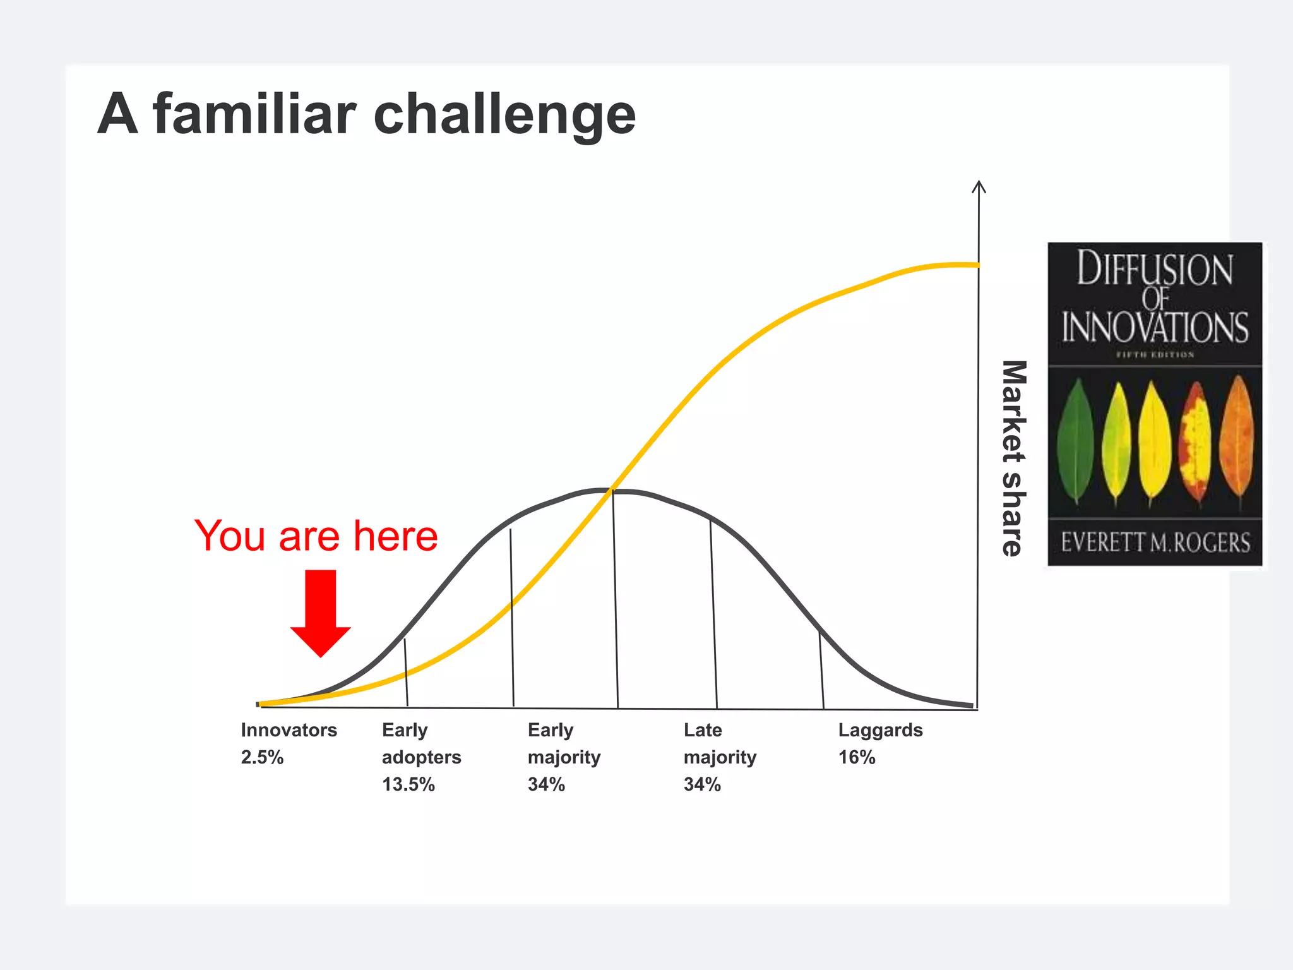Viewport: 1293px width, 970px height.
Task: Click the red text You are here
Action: tap(316, 536)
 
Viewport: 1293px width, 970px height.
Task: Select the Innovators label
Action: tap(289, 730)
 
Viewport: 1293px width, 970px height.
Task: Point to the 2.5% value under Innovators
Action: tap(262, 757)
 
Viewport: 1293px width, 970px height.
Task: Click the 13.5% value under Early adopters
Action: tap(408, 784)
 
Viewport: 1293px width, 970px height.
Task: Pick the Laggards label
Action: tap(880, 730)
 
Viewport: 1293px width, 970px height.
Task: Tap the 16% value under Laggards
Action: tap(856, 757)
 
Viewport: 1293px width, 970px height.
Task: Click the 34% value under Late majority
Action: tap(702, 784)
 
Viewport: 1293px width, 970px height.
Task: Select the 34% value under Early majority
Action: tap(546, 784)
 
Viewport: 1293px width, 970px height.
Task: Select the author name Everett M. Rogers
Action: tap(1155, 542)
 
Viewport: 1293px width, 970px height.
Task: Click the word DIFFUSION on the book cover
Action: tap(1155, 269)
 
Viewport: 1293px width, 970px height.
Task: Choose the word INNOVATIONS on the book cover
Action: tap(1155, 327)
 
